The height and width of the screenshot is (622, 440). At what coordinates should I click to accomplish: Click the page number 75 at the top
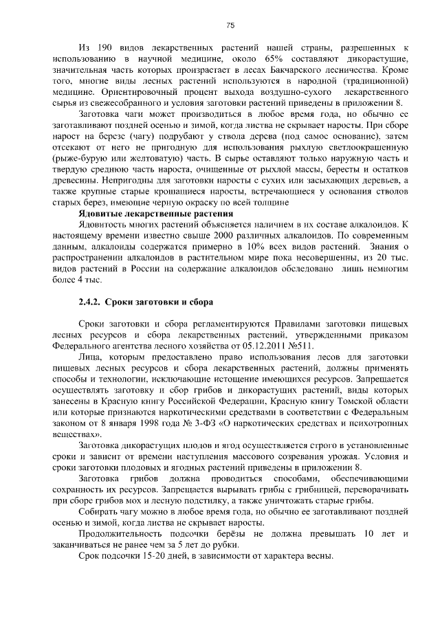tap(231, 25)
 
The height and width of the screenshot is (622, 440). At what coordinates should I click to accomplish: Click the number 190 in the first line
tap(111, 48)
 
